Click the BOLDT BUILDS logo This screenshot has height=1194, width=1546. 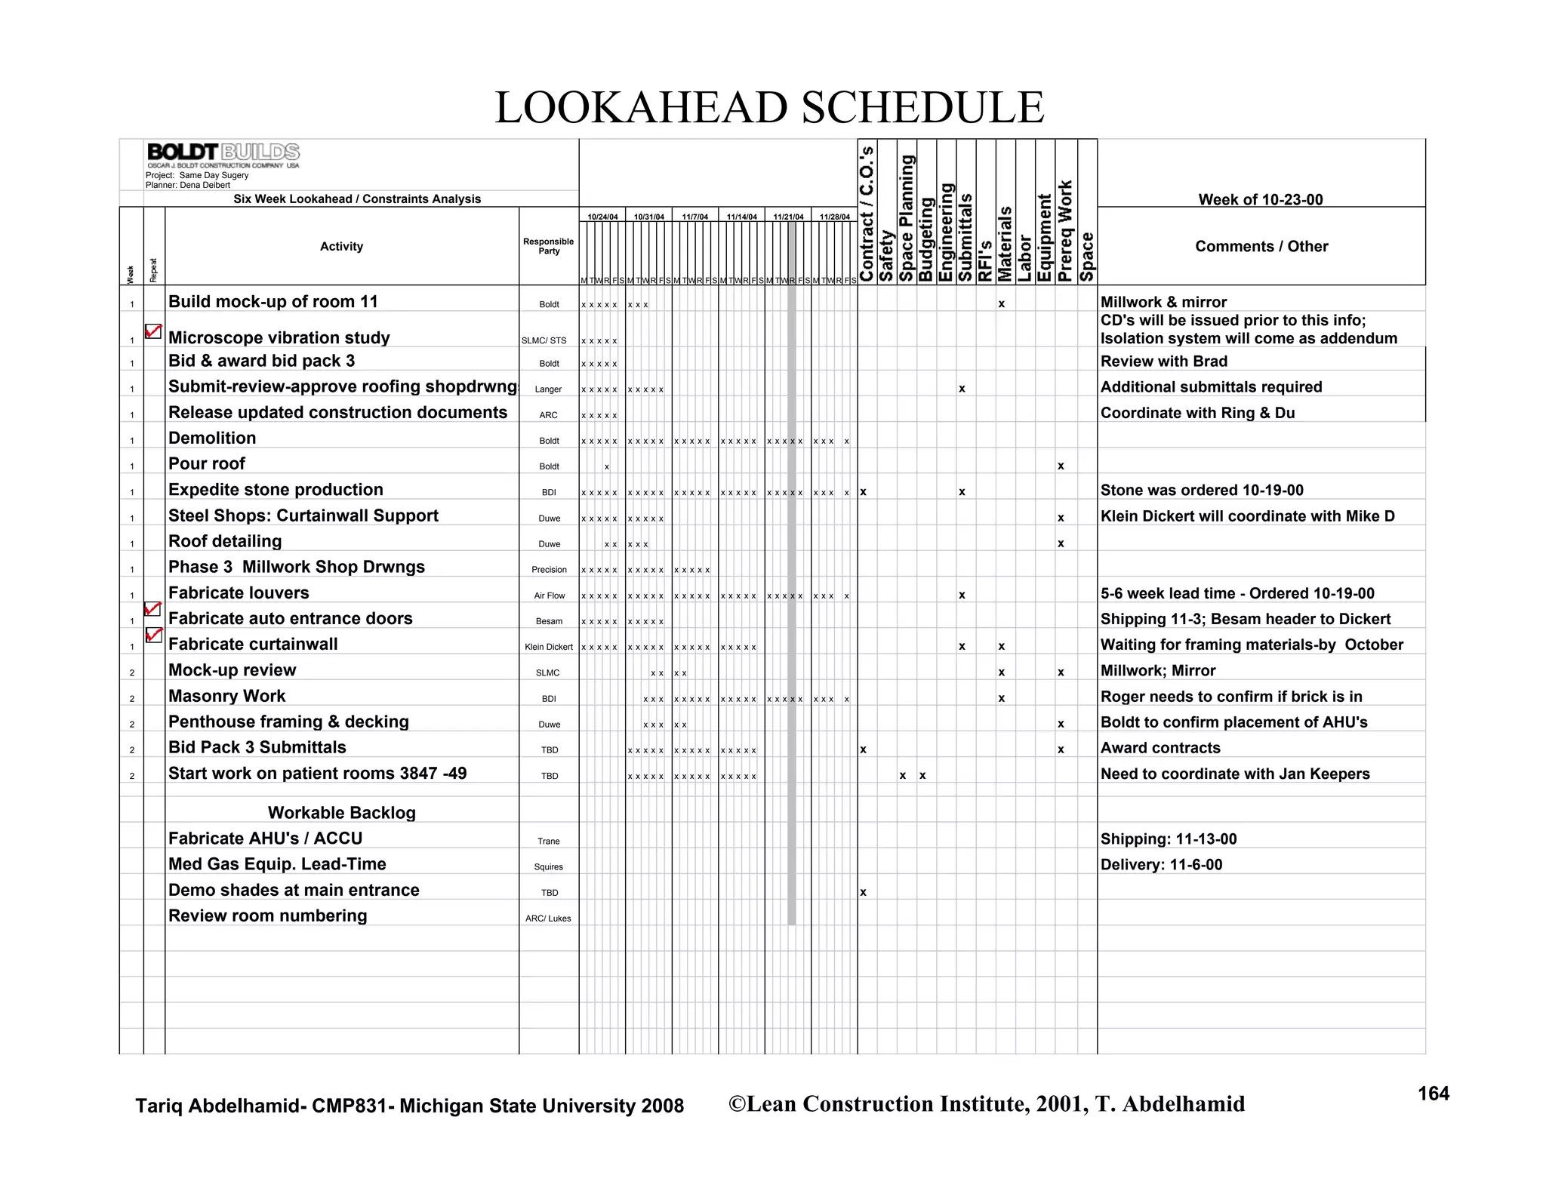point(223,153)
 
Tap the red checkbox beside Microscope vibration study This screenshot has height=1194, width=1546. point(153,331)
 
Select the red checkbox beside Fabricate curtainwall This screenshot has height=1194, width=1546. point(153,635)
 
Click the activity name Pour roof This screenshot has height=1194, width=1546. point(207,464)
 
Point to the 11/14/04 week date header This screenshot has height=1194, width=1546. point(741,217)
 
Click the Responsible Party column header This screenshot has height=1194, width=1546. point(548,246)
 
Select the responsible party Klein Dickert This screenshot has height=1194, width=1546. point(548,647)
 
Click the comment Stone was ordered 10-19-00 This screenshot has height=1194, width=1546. point(1202,491)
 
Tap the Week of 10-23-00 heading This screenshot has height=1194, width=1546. point(1260,199)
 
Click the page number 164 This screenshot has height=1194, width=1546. point(1433,1094)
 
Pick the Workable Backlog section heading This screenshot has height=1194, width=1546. point(341,813)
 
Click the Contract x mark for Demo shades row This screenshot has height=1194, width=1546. point(863,892)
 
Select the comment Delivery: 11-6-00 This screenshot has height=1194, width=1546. point(1161,865)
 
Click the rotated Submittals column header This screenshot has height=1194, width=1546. point(965,238)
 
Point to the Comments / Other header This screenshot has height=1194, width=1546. point(1261,246)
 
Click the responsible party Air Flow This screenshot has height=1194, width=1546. point(549,595)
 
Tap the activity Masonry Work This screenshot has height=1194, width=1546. point(226,696)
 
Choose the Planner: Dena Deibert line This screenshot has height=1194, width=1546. point(188,185)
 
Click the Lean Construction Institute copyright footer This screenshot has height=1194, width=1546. point(986,1104)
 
